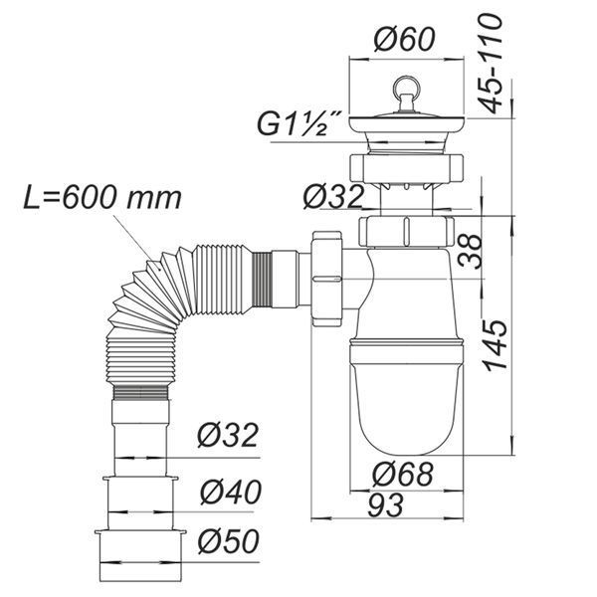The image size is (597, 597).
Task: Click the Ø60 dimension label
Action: coord(404,39)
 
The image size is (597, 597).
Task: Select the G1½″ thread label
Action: coord(298,124)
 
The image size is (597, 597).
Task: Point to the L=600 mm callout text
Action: coord(102,198)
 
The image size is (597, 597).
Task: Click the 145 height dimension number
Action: coord(496,345)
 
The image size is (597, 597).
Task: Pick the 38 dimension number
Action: coord(471,252)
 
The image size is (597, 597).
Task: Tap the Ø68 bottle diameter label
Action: coord(402,474)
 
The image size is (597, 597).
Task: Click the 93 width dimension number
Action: coord(385,504)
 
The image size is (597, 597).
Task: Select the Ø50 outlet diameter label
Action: coord(229,541)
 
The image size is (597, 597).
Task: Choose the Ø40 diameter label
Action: coord(231,492)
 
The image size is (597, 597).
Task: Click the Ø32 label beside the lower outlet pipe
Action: coord(228,435)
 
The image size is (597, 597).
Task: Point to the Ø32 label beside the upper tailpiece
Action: coord(333,197)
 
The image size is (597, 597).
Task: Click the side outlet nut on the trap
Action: coord(326,279)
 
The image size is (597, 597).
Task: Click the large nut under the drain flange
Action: coord(406,169)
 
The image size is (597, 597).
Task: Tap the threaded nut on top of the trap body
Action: coord(406,232)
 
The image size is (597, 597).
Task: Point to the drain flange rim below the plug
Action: coord(406,124)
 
